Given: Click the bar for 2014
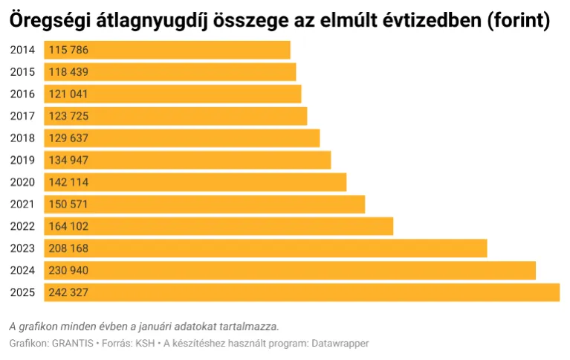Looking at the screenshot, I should coord(167,50).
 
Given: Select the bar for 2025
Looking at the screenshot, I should coord(302,292).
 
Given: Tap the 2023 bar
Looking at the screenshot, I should coord(265,248).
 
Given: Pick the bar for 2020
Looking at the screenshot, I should coord(195,182).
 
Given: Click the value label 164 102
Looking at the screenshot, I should coord(68,226).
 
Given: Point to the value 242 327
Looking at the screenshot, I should coord(68,292).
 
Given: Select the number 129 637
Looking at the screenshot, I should coord(68,138).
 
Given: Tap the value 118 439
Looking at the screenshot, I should coord(68,72).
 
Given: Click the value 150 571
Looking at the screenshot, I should coord(68,205).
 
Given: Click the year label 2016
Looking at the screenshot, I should coord(23,94).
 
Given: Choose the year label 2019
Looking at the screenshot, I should coord(23,161).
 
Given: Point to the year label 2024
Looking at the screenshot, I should coord(23,271).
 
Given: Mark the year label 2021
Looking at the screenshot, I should coord(23,205).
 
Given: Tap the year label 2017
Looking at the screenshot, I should coord(23,116).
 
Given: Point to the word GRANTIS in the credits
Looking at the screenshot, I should coord(73,344).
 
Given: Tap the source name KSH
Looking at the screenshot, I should coord(144,344).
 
